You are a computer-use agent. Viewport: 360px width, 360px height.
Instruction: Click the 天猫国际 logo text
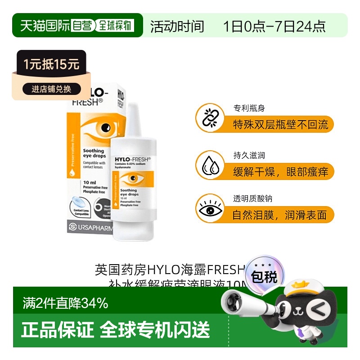click(45, 26)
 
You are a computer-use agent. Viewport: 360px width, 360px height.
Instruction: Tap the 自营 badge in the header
click(84, 26)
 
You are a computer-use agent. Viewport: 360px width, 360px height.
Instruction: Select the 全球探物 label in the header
click(116, 26)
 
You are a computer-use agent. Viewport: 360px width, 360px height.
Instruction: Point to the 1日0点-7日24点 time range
click(274, 27)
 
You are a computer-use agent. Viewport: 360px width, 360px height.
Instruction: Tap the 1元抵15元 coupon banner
click(52, 64)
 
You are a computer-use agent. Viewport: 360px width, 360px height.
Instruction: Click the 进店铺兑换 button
click(51, 89)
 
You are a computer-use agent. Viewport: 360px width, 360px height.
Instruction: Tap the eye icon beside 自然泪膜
click(210, 211)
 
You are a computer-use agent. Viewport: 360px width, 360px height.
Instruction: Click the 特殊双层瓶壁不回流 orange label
click(280, 124)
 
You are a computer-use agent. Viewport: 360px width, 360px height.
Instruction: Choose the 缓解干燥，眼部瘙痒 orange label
click(280, 171)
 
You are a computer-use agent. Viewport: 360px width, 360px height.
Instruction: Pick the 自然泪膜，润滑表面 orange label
click(280, 215)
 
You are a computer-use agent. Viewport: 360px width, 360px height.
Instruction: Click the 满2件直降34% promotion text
click(65, 303)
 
